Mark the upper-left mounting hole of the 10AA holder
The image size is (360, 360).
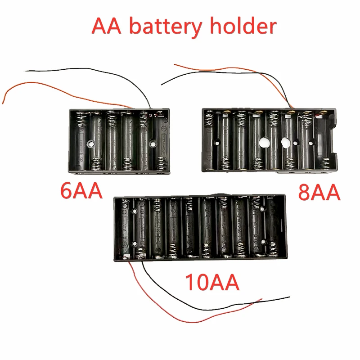[x=135, y=211]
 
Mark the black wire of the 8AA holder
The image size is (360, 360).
[x=189, y=76]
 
